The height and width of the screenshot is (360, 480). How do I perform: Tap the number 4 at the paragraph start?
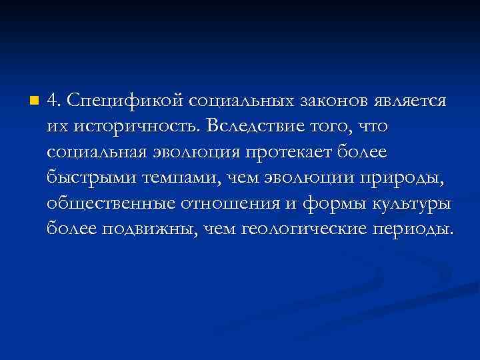tap(53, 101)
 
